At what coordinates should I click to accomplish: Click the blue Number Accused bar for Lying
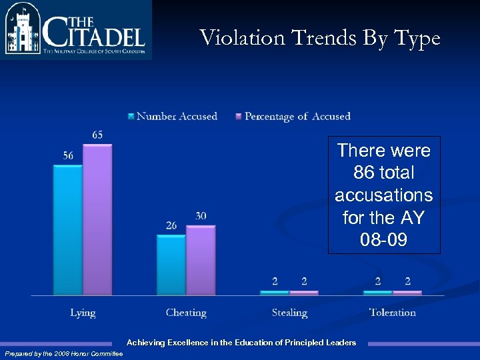(x=67, y=230)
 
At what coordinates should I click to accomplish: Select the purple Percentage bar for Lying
(x=97, y=220)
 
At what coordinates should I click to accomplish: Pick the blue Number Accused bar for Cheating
(x=171, y=265)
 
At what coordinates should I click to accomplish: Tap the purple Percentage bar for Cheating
(x=201, y=260)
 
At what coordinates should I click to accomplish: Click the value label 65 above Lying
(x=97, y=135)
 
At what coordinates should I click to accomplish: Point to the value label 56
(x=68, y=155)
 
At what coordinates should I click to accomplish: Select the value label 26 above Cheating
(x=171, y=225)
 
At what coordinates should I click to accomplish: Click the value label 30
(x=201, y=216)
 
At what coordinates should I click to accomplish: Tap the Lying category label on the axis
(x=83, y=313)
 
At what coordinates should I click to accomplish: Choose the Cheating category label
(x=186, y=313)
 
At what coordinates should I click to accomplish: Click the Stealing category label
(x=289, y=313)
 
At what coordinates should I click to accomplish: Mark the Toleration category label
(x=393, y=313)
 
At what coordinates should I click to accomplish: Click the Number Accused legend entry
(x=177, y=117)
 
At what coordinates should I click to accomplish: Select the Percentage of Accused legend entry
(x=297, y=117)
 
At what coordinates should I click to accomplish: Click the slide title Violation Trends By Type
(x=320, y=38)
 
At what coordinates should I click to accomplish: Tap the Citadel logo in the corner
(x=75, y=30)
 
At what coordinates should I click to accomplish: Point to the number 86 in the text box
(x=364, y=173)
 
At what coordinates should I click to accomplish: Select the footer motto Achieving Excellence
(x=241, y=343)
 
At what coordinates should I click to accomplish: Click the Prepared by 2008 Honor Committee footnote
(x=59, y=353)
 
